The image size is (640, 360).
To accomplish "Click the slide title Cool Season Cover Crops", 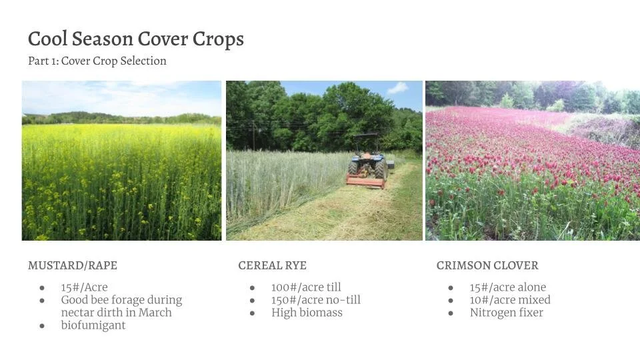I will tap(136, 40).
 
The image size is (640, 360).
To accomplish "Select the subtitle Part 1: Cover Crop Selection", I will tap(97, 61).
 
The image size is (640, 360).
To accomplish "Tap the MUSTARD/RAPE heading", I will tap(73, 265).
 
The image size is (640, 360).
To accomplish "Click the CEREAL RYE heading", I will tap(273, 265).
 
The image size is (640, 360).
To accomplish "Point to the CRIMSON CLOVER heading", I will tap(487, 265).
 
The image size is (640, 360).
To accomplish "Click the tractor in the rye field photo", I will tap(369, 163).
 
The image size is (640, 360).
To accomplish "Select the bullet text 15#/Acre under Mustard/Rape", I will tap(84, 287).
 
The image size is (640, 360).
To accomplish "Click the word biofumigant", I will tap(93, 325).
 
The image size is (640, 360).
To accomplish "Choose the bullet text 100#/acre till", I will tap(306, 287).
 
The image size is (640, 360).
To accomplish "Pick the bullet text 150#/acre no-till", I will tap(316, 300).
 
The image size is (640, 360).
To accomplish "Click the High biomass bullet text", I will tap(307, 313).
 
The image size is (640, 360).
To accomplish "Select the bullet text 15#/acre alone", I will tap(508, 287).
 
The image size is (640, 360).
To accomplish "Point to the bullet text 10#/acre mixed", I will tap(510, 300).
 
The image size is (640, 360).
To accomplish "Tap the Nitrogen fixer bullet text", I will tap(507, 313).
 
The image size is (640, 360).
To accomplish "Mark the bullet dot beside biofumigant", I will tap(42, 326).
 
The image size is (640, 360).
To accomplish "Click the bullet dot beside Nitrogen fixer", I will tap(451, 313).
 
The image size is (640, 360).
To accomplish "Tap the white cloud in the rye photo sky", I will tap(398, 88).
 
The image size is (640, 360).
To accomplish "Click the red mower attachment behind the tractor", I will tap(365, 181).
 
